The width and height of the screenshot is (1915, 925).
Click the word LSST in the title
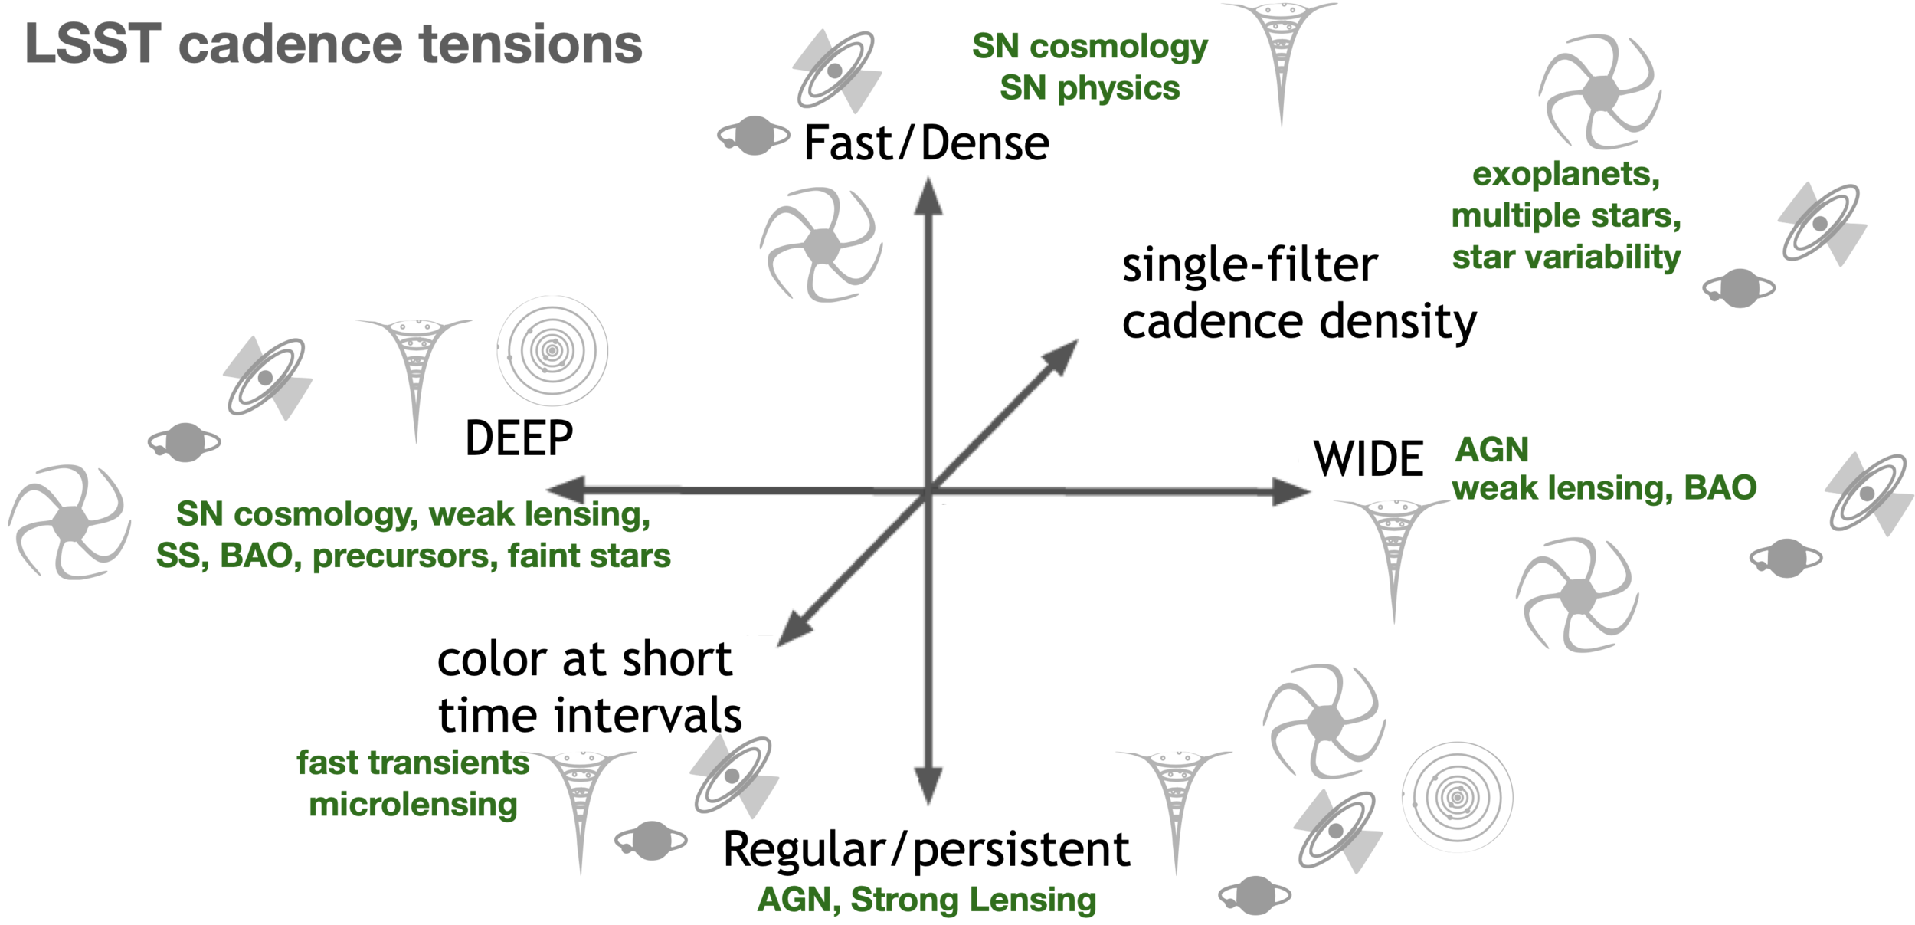coord(92,44)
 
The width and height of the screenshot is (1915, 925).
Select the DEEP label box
coord(520,438)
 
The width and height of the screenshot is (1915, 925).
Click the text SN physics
coord(1089,88)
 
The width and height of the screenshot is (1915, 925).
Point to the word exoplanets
coord(1565,175)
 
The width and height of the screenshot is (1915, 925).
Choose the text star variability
coord(1566,257)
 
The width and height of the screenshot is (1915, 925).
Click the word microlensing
coord(413,805)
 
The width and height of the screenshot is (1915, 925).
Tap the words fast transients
coord(413,763)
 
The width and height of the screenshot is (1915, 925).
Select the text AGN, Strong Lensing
coord(927,900)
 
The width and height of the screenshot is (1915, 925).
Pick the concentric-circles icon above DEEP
coord(552,351)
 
